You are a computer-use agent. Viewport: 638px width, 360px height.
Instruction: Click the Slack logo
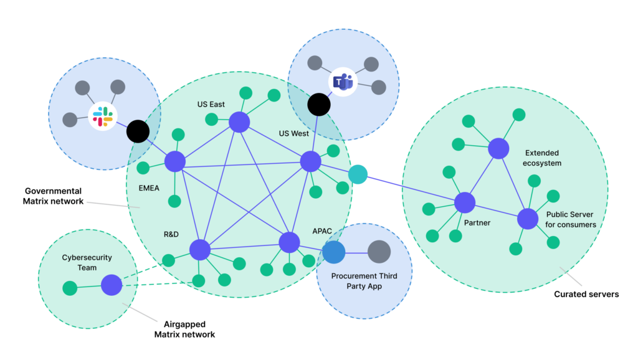coord(103,116)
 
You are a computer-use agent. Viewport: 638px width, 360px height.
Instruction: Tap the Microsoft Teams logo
coord(343,82)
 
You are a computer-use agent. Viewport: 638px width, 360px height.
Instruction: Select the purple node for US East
coord(239,122)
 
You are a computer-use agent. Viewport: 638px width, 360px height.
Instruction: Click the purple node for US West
coord(310,161)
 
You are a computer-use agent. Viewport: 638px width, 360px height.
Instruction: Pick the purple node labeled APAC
coord(289,242)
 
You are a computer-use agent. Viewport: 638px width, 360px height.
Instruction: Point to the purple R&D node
coord(200,249)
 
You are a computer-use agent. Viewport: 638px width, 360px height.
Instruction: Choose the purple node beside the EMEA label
coord(175,162)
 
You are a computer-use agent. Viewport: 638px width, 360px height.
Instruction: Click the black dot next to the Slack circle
coord(138,131)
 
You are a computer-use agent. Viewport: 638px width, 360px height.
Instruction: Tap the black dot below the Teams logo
coord(319,105)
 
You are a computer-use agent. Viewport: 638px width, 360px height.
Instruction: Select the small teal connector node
coord(358,174)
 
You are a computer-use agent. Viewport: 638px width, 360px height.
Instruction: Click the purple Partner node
coord(465,202)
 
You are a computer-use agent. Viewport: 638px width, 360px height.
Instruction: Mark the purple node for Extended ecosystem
coord(498,148)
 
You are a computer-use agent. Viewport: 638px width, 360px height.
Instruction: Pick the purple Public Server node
coord(528,219)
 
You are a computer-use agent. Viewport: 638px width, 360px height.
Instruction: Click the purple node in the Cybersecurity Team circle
coord(112,285)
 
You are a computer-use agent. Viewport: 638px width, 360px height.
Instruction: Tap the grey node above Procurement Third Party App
coord(379,252)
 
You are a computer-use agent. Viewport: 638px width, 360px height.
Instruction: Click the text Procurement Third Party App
coord(364,281)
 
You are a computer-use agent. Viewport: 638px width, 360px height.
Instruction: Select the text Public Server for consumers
coord(570,219)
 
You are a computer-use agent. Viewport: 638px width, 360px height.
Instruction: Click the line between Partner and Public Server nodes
coord(497,211)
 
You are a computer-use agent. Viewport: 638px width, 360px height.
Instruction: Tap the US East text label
coord(211,104)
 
